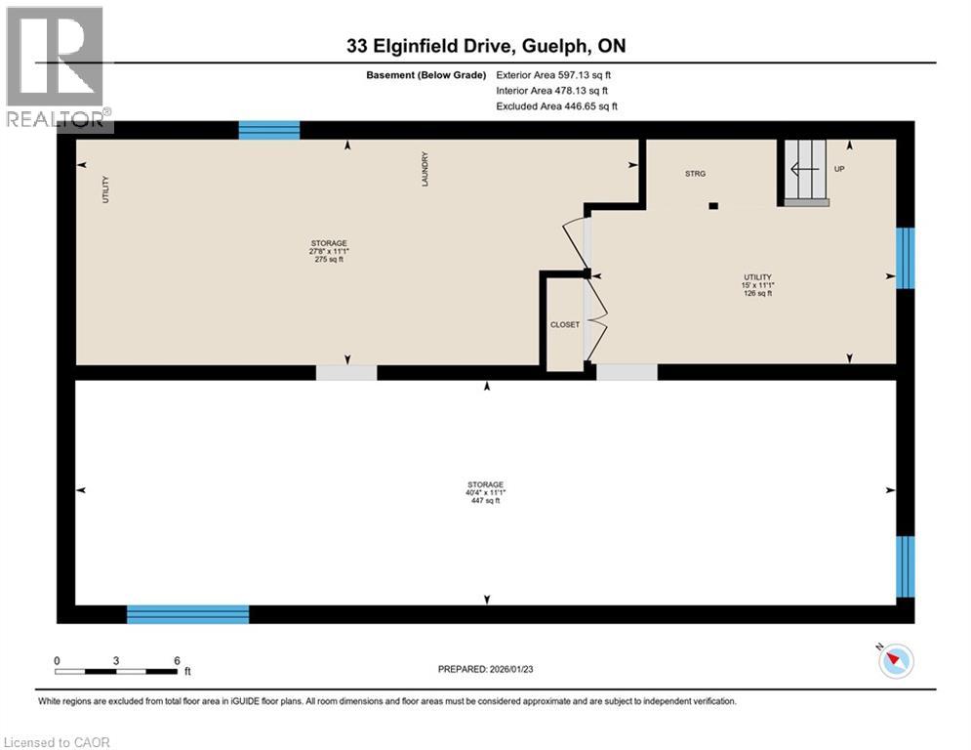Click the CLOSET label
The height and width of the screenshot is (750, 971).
pyautogui.click(x=564, y=324)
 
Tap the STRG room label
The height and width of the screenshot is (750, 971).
pyautogui.click(x=694, y=173)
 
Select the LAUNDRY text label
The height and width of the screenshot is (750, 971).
pyautogui.click(x=425, y=169)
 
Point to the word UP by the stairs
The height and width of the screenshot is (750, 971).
pyautogui.click(x=839, y=169)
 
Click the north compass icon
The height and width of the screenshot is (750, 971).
pyautogui.click(x=895, y=661)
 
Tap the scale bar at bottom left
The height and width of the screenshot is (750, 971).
pyautogui.click(x=116, y=671)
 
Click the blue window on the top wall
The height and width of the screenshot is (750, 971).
pyautogui.click(x=269, y=130)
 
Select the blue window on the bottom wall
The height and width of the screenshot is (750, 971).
pyautogui.click(x=187, y=614)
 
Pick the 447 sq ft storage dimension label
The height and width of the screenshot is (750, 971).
pyautogui.click(x=485, y=493)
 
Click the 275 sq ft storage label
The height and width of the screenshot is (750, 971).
pyautogui.click(x=329, y=251)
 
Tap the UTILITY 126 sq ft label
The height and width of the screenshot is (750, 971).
pyautogui.click(x=757, y=285)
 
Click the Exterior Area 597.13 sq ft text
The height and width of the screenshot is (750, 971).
pyautogui.click(x=553, y=74)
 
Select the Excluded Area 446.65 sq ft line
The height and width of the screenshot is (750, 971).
pyautogui.click(x=556, y=105)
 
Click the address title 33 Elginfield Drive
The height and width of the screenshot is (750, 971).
pyautogui.click(x=486, y=45)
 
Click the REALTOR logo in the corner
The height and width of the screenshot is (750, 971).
pyautogui.click(x=56, y=68)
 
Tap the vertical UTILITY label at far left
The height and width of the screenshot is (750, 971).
pyautogui.click(x=105, y=188)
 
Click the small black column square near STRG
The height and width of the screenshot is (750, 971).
pyautogui.click(x=713, y=206)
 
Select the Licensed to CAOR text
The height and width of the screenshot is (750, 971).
pyautogui.click(x=58, y=742)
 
